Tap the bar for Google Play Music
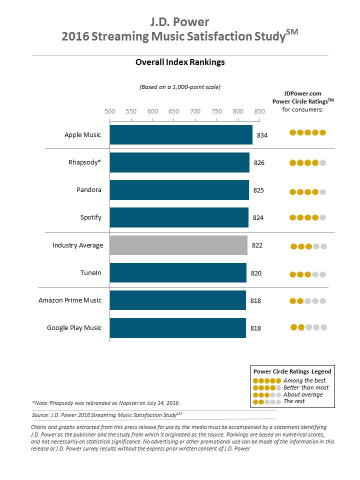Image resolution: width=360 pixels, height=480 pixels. pyautogui.click(x=177, y=328)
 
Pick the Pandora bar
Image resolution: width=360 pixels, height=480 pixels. pyautogui.click(x=179, y=190)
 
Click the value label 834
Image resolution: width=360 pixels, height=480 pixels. pyautogui.click(x=262, y=135)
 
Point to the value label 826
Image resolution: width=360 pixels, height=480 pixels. pyautogui.click(x=259, y=163)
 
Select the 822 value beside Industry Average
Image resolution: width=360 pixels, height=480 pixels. pyautogui.click(x=257, y=245)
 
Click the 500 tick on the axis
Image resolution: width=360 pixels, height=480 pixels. pyautogui.click(x=109, y=111)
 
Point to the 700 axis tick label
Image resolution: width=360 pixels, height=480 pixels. pyautogui.click(x=195, y=111)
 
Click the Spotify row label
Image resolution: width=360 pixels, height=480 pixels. pyautogui.click(x=91, y=217)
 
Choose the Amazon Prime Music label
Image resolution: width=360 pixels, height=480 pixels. pyautogui.click(x=70, y=300)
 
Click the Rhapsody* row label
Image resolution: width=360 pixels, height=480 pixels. pyautogui.click(x=85, y=162)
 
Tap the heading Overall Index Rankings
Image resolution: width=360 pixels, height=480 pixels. pyautogui.click(x=180, y=62)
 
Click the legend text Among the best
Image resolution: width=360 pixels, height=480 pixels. pyautogui.click(x=304, y=381)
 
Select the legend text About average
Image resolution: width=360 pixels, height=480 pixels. pyautogui.click(x=303, y=394)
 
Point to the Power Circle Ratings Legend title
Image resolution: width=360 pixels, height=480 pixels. pyautogui.click(x=292, y=371)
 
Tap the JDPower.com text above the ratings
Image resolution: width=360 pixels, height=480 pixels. pyautogui.click(x=303, y=93)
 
